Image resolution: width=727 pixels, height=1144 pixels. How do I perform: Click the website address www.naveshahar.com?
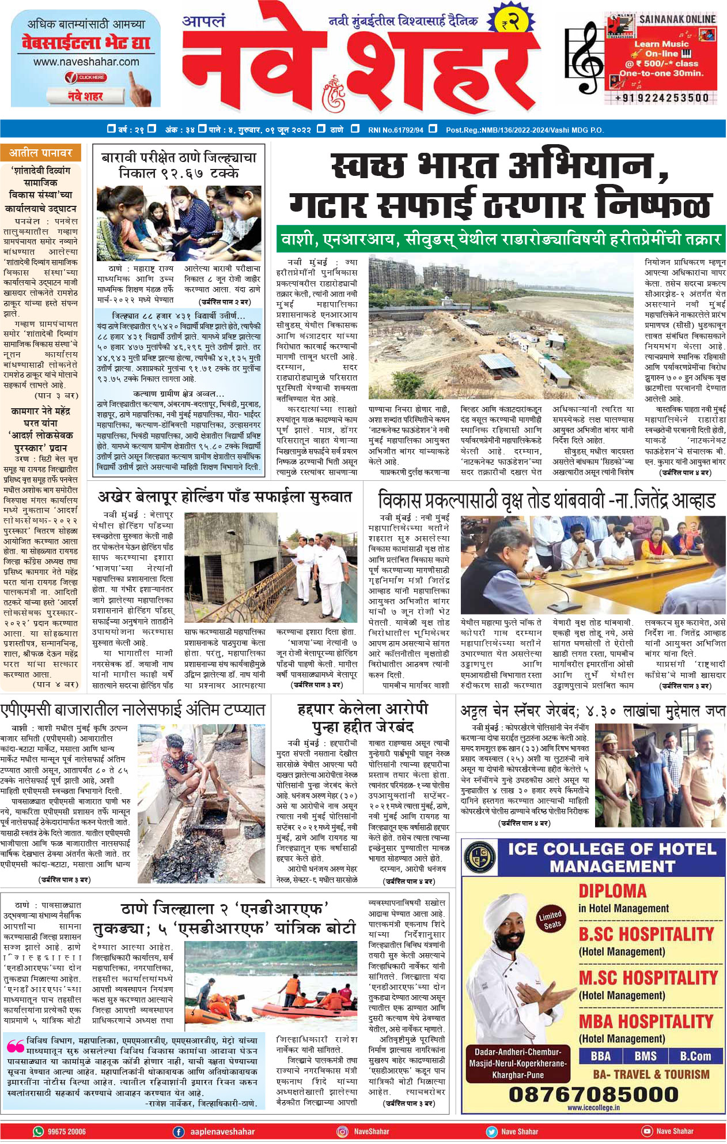click(86, 62)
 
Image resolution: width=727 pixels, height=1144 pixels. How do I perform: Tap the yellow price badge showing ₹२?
click(510, 23)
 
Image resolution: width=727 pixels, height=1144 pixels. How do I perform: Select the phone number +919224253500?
click(662, 98)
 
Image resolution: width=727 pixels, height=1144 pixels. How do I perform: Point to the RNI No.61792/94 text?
click(395, 130)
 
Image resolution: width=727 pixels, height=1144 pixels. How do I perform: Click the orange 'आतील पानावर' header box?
click(40, 153)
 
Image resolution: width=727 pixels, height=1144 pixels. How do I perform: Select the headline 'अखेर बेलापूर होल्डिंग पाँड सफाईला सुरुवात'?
click(224, 496)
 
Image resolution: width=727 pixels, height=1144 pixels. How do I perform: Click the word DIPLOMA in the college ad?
click(612, 891)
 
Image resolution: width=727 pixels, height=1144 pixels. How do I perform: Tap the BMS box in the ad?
click(645, 1056)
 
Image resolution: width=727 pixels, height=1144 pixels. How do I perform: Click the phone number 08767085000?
click(593, 1093)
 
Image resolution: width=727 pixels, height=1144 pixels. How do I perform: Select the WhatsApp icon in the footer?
click(39, 1131)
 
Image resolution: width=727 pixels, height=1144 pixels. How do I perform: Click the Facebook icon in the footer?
click(179, 1131)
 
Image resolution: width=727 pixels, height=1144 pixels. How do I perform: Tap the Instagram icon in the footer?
click(342, 1131)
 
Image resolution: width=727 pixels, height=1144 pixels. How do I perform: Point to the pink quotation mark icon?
click(16, 1045)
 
